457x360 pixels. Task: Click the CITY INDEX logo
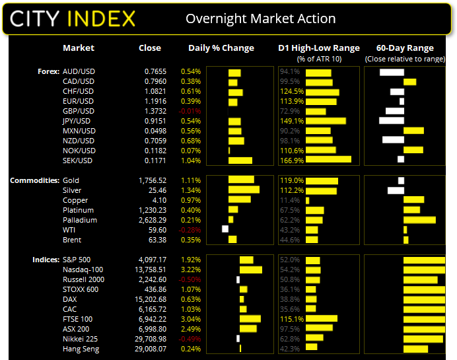point(73,18)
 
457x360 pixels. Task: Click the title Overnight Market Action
point(260,18)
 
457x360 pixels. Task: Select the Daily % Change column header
point(221,48)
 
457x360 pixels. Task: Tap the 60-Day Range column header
point(404,48)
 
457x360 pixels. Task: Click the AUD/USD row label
point(78,71)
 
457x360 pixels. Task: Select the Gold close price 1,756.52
point(147,180)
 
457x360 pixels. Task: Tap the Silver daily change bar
point(243,190)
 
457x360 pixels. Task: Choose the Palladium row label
point(79,220)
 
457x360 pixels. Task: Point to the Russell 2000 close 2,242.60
point(147,279)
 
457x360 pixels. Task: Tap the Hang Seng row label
point(81,349)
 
